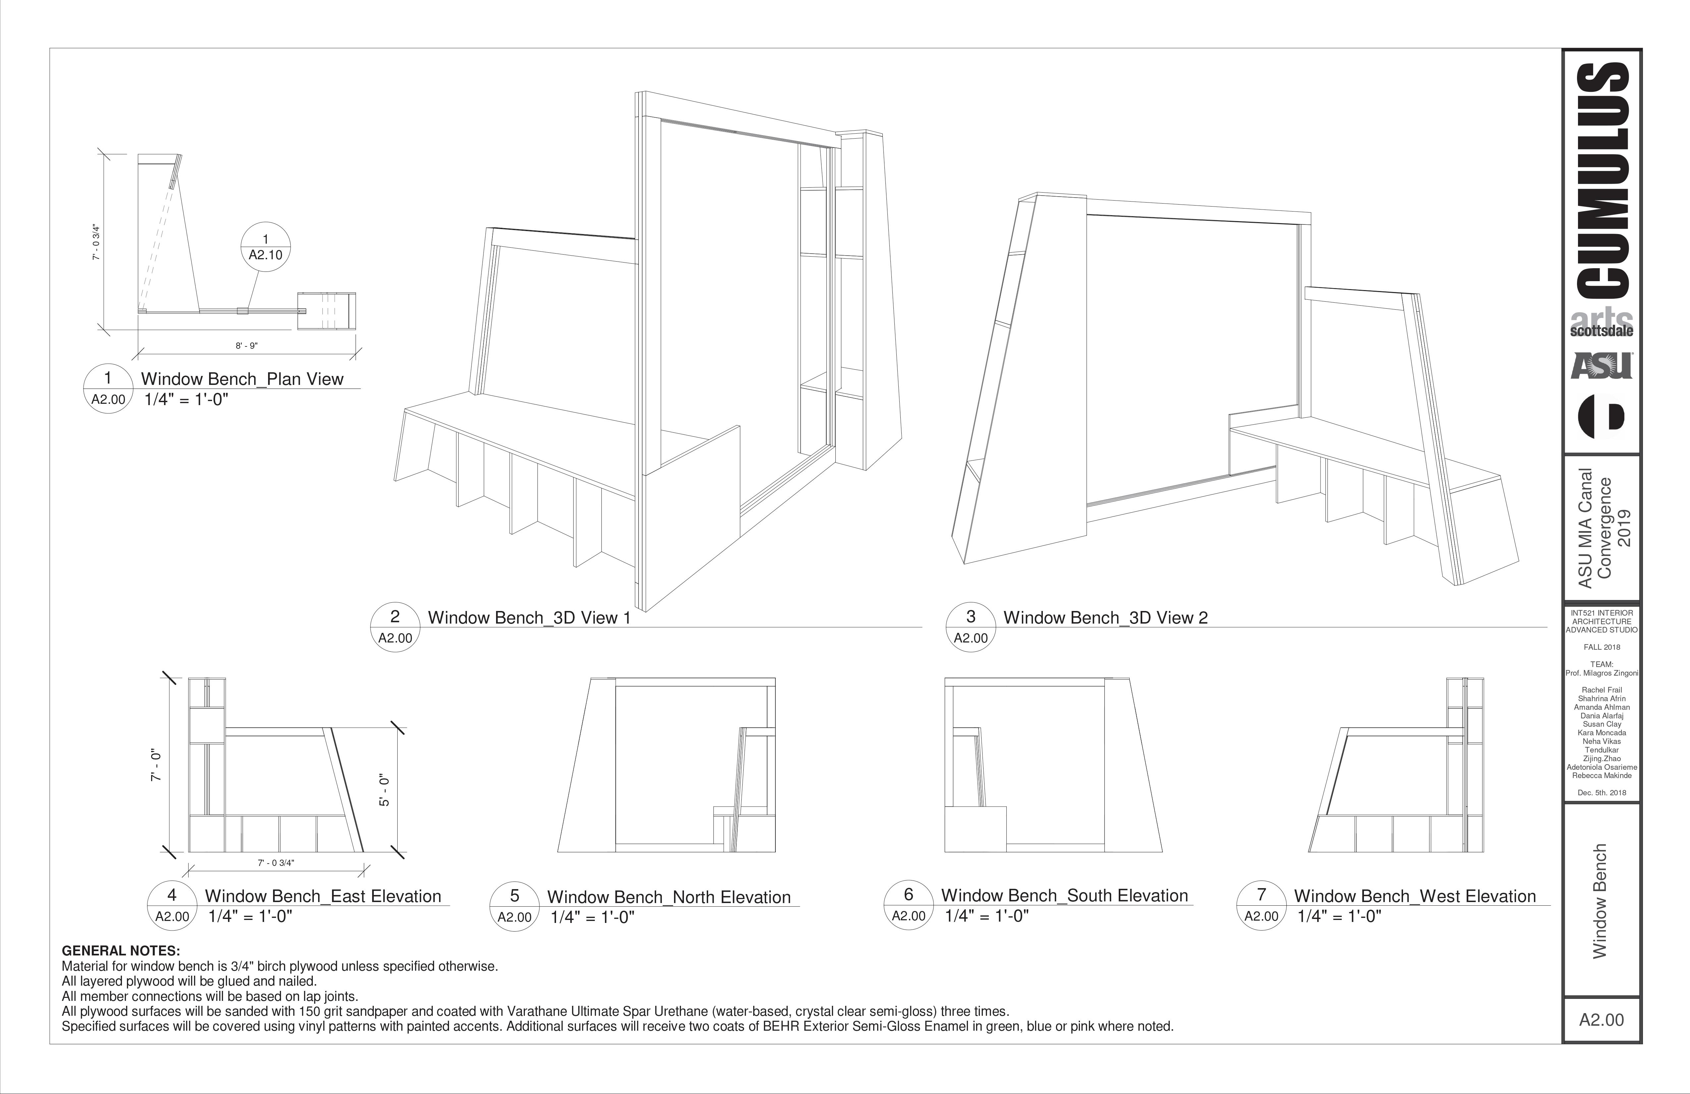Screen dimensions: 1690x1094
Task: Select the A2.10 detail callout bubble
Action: [265, 247]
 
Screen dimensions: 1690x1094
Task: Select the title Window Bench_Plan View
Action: [242, 379]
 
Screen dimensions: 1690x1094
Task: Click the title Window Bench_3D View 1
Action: [529, 618]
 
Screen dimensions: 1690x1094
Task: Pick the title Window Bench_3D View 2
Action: [1105, 618]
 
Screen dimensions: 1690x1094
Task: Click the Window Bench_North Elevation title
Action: [669, 897]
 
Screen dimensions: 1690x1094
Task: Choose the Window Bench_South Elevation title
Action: [1064, 896]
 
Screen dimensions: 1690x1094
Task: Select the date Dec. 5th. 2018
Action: [1602, 793]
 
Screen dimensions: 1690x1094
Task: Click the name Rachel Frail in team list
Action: [1602, 690]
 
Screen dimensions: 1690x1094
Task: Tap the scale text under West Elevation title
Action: [1339, 916]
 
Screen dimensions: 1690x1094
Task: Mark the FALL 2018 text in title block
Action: [1602, 647]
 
